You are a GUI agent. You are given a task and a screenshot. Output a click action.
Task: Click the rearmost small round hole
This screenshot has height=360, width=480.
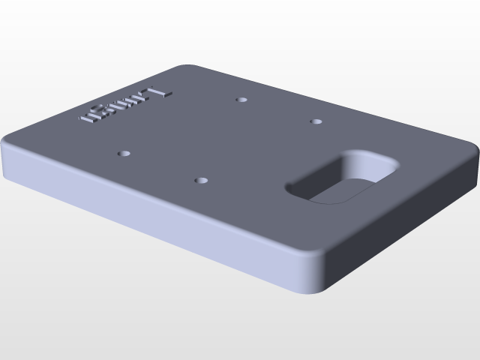241,99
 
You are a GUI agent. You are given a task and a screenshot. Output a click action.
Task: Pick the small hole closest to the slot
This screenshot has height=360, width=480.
316,121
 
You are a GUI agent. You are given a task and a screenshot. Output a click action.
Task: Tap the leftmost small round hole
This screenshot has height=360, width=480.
124,153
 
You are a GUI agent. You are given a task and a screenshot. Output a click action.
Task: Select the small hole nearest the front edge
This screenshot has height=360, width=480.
200,181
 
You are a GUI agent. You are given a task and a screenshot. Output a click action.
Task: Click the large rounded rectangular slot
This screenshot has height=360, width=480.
341,177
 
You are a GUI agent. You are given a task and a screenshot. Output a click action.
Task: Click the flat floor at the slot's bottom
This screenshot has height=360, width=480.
337,191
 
